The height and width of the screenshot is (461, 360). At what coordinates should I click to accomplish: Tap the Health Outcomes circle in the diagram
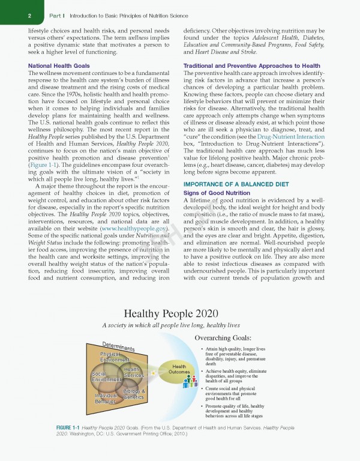(179, 369)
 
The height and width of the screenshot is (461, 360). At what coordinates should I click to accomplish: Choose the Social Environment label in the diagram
(106, 377)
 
